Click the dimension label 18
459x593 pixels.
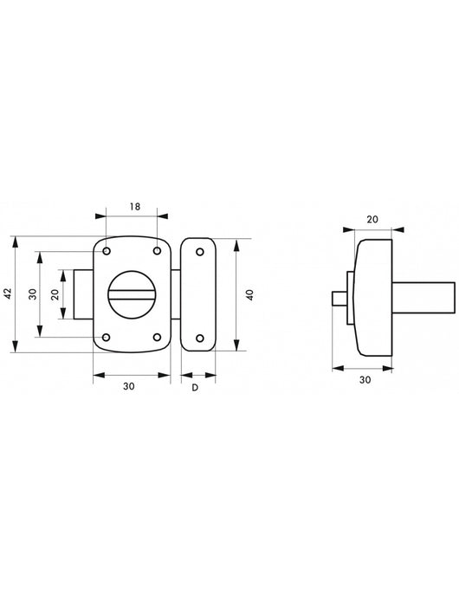135,207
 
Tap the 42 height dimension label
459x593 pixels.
9,293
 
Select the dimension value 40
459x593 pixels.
249,294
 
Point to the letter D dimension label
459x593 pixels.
195,388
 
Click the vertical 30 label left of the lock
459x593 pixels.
33,293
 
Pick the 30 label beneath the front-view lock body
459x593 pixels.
129,386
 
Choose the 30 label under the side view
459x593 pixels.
365,380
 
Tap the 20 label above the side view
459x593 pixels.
372,219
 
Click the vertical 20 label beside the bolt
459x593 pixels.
55,294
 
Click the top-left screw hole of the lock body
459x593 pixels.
107,251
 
